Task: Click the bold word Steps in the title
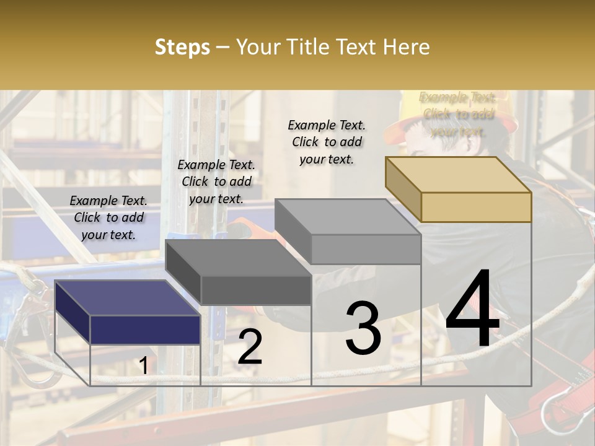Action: click(182, 47)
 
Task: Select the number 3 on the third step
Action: click(363, 328)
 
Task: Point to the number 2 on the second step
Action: click(250, 347)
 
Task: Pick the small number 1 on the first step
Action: click(143, 365)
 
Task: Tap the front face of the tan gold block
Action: click(476, 207)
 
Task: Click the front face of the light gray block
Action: click(366, 249)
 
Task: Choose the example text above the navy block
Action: click(108, 217)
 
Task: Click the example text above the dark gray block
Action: click(216, 181)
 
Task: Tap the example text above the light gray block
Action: click(327, 142)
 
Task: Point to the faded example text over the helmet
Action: click(457, 114)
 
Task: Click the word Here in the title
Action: click(407, 47)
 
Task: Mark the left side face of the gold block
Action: click(403, 190)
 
